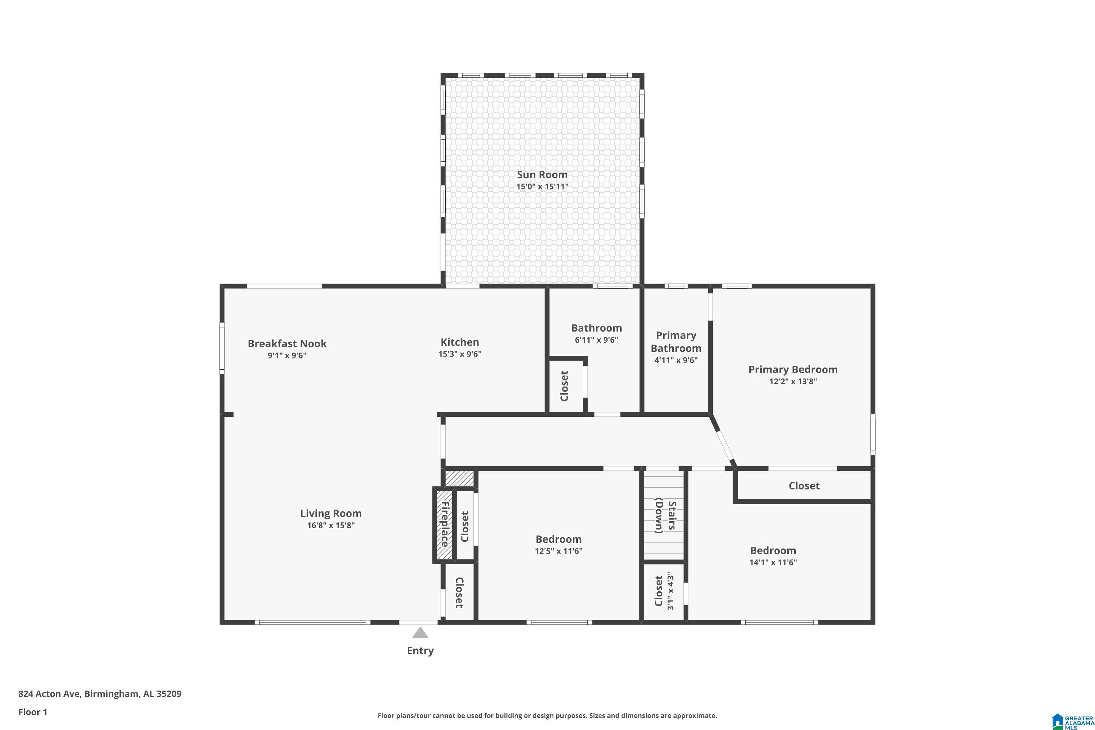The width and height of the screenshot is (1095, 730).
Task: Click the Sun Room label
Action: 542,174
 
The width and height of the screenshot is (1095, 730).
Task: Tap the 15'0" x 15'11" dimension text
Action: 542,187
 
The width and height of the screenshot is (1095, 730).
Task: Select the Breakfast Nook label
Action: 287,343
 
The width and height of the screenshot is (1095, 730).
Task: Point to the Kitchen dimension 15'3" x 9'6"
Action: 460,354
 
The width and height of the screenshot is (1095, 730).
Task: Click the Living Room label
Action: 331,514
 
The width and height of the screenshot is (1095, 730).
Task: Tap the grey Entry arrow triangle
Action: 420,632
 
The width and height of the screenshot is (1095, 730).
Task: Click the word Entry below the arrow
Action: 420,650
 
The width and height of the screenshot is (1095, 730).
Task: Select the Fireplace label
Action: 445,524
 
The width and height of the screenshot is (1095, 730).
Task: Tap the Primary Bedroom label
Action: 793,370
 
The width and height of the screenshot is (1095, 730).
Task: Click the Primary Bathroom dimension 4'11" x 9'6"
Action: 676,360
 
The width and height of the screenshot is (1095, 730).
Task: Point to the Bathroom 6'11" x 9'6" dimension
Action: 596,340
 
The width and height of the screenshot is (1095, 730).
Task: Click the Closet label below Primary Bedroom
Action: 804,485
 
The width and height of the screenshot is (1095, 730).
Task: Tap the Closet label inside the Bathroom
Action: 564,386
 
